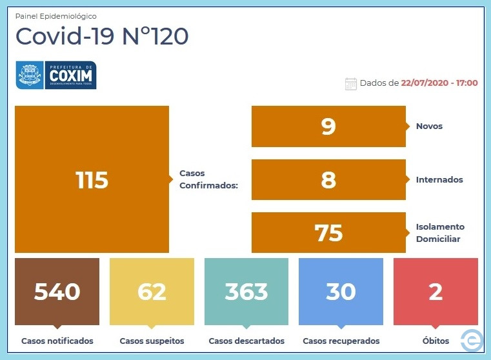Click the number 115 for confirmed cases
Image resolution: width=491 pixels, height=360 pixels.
[x=92, y=180]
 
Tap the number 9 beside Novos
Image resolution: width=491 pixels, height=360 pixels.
[x=328, y=126]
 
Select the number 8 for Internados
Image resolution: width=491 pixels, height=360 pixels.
[x=328, y=180]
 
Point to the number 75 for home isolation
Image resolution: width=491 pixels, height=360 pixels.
[x=328, y=233]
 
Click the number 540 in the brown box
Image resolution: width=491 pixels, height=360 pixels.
[x=57, y=292]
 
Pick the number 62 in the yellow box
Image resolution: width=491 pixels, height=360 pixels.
[x=152, y=292]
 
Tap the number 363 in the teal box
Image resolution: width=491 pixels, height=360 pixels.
[x=246, y=292]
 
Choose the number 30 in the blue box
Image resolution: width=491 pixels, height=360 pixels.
[x=341, y=292]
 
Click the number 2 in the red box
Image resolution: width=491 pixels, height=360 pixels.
[x=436, y=292]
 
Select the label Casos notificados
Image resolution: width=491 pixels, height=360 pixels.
[x=57, y=341]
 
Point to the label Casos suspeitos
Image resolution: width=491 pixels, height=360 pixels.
[x=152, y=341]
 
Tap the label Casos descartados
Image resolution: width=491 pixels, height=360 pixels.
[x=246, y=341]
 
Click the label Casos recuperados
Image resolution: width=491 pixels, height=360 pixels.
[x=341, y=341]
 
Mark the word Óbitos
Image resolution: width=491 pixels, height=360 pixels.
[x=436, y=340]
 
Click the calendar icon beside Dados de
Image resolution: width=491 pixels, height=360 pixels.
[x=351, y=84]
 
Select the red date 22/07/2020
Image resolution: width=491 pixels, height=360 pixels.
[x=425, y=83]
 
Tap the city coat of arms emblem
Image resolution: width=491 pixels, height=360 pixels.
[x=30, y=75]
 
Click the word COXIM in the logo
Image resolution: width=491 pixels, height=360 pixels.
[x=71, y=75]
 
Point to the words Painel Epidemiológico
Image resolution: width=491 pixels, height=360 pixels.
[x=55, y=16]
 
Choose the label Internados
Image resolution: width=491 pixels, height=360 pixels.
[x=439, y=180]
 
